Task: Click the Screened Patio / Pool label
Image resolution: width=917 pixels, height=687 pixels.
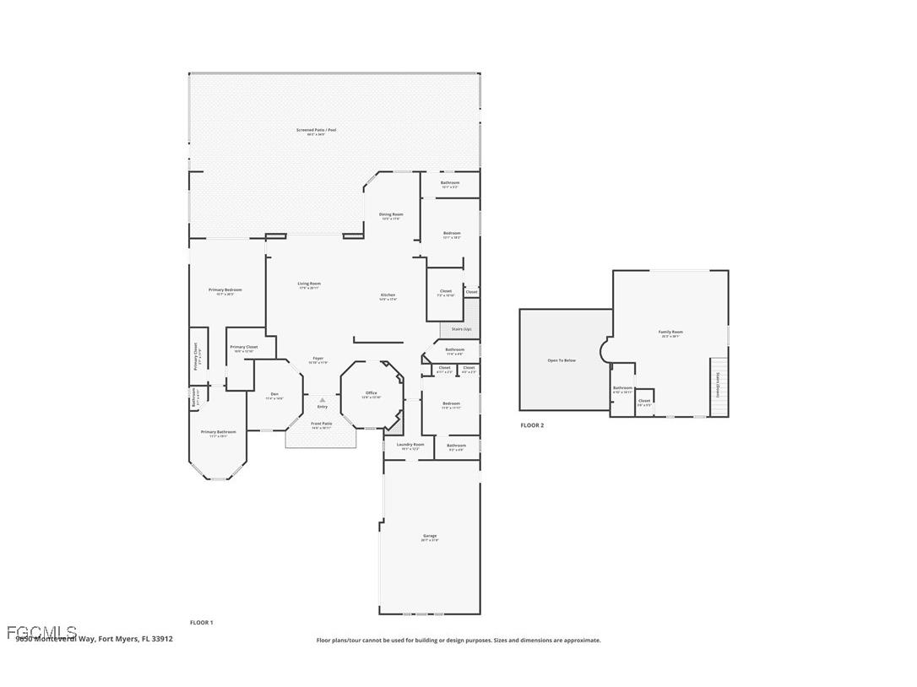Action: (316, 130)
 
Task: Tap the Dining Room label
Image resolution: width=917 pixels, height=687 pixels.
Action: (391, 214)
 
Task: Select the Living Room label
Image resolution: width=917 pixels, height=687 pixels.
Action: (309, 284)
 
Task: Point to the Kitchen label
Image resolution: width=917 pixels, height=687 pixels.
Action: (388, 295)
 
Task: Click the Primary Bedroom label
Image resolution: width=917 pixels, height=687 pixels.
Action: (225, 289)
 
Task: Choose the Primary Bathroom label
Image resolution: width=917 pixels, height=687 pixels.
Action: (218, 432)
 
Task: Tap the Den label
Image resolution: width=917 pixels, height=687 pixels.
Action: (274, 394)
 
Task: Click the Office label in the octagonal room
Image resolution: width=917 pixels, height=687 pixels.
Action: (372, 392)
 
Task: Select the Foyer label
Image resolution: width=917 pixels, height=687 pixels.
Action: (317, 359)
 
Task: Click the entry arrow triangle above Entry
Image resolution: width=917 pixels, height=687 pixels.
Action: (322, 400)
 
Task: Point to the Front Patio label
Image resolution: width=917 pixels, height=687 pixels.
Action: (322, 424)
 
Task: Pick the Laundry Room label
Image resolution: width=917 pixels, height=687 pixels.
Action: (409, 444)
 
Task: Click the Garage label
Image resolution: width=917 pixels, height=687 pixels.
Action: (430, 536)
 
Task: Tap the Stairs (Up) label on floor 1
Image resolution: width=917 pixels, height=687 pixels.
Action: (461, 329)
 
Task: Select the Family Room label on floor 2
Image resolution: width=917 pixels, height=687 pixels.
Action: (670, 333)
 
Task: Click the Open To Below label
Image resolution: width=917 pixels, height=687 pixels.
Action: (562, 360)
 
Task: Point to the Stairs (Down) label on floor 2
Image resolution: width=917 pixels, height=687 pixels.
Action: (718, 385)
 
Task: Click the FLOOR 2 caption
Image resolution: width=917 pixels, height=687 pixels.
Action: (532, 425)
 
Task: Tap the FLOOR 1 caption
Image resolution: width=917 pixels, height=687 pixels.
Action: (201, 623)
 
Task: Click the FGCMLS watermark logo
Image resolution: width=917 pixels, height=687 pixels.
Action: (41, 632)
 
